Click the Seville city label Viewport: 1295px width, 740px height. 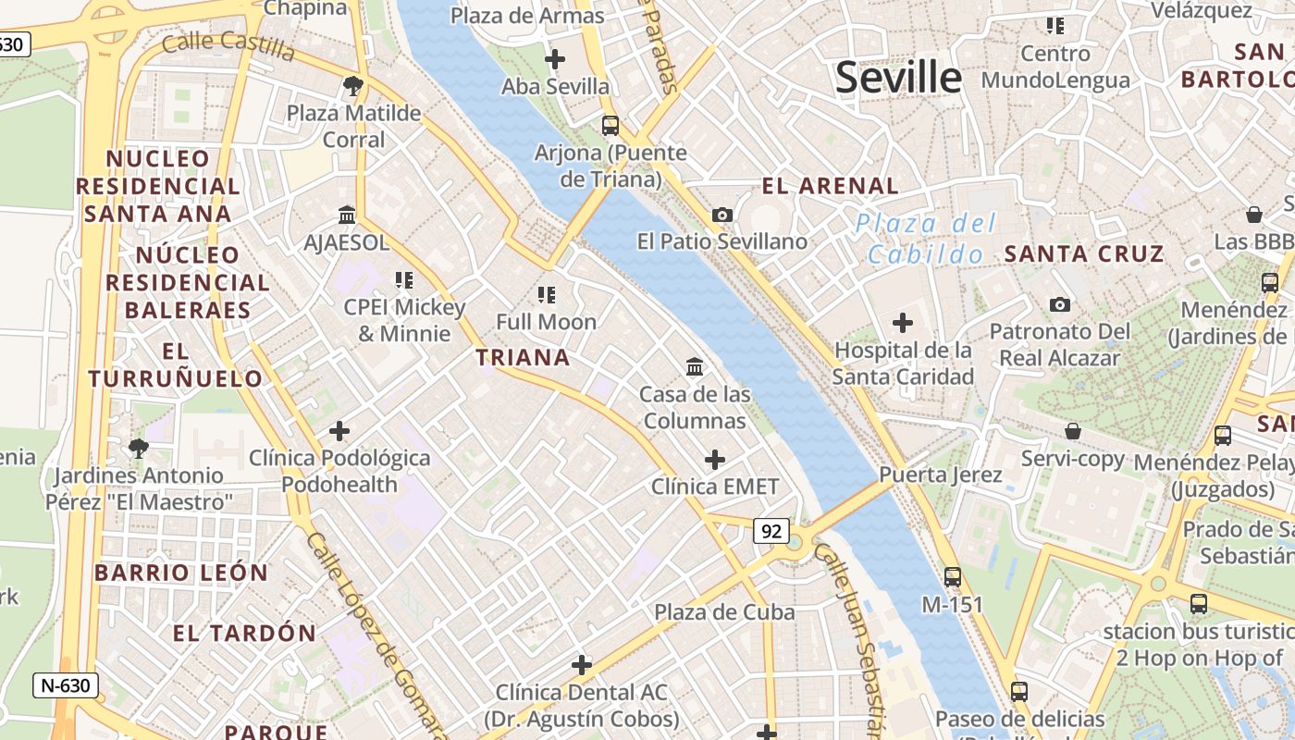click(898, 77)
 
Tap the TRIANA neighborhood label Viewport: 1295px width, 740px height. click(523, 357)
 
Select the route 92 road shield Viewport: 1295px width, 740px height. click(771, 531)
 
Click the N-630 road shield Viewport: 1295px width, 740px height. click(66, 685)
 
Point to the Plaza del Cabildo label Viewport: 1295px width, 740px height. click(926, 239)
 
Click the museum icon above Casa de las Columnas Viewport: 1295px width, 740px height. click(695, 367)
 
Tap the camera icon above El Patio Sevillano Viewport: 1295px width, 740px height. click(722, 215)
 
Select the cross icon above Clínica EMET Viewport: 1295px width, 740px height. click(715, 459)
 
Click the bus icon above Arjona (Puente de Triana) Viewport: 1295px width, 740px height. click(610, 125)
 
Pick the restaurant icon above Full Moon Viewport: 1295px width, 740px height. click(546, 295)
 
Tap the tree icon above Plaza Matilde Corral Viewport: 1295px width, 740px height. click(352, 86)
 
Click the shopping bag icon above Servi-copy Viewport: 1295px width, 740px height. click(1073, 431)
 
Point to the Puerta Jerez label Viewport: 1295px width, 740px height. click(941, 475)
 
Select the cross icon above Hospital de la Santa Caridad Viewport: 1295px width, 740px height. click(902, 323)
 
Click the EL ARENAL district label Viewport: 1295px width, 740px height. click(830, 186)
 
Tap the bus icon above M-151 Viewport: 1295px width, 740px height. click(953, 577)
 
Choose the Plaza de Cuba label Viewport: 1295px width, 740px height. click(724, 612)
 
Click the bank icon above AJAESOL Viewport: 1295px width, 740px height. click(347, 215)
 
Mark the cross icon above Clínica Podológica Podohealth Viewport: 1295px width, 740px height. click(339, 430)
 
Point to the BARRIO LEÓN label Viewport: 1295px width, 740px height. click(181, 573)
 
